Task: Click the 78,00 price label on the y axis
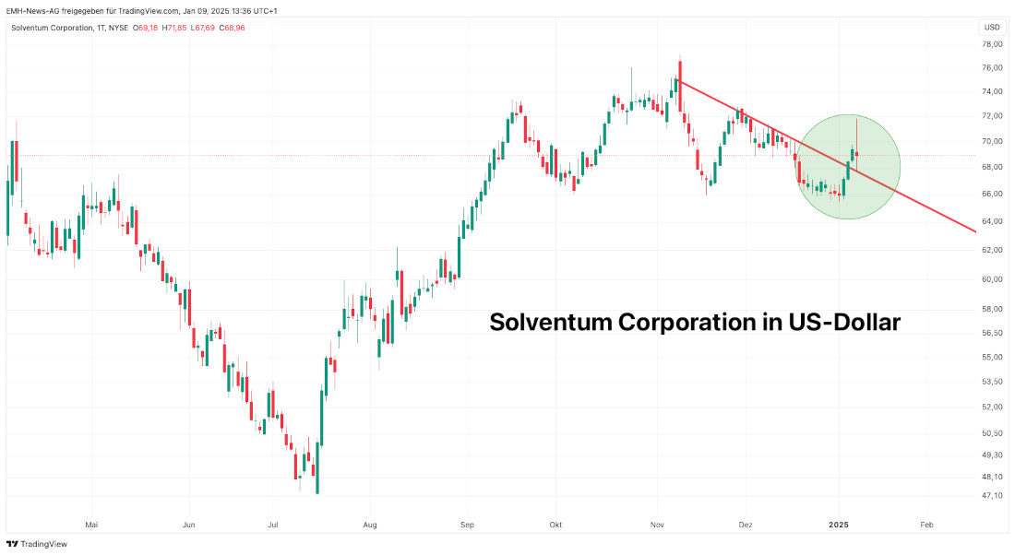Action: tap(992, 44)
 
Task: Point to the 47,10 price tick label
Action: tap(992, 496)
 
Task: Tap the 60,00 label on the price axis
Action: tap(992, 279)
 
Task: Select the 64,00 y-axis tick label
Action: tap(992, 221)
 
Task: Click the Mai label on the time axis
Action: tap(91, 525)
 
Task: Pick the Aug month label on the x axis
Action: tap(370, 525)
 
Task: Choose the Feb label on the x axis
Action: tap(926, 525)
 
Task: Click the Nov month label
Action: tap(657, 525)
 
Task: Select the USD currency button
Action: tap(992, 28)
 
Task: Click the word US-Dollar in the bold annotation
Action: tap(843, 323)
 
